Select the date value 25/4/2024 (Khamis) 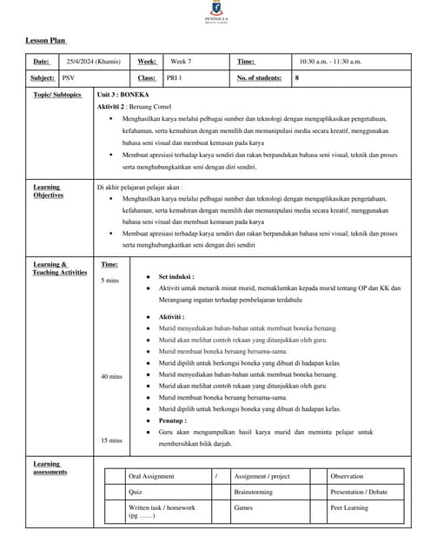[94, 62]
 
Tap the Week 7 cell [181, 62]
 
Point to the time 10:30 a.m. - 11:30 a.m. [330, 62]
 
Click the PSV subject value [69, 78]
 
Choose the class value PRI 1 [175, 78]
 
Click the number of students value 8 [297, 78]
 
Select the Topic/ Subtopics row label [56, 95]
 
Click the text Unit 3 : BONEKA [122, 94]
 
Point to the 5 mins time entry [109, 281]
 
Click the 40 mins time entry [110, 376]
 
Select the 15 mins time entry [110, 440]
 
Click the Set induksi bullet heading [176, 276]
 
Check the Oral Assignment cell [151, 476]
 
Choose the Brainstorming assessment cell [254, 492]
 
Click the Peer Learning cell [350, 507]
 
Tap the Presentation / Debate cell [359, 492]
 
